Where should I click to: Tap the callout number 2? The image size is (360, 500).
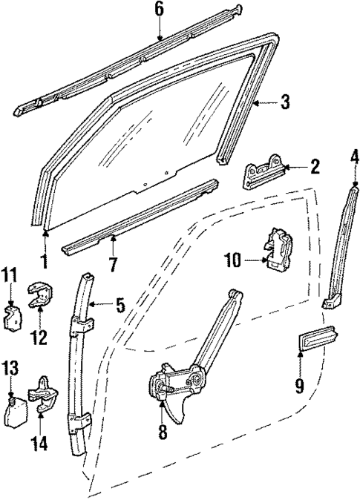[x=315, y=167]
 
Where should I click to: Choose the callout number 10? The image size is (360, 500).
[x=234, y=259]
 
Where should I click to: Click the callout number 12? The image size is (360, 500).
[x=39, y=338]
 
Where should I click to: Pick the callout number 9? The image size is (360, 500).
[x=300, y=386]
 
